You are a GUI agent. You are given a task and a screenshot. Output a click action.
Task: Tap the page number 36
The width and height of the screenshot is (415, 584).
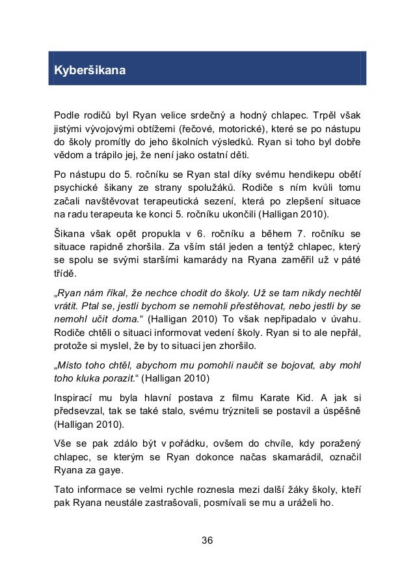(207, 540)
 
